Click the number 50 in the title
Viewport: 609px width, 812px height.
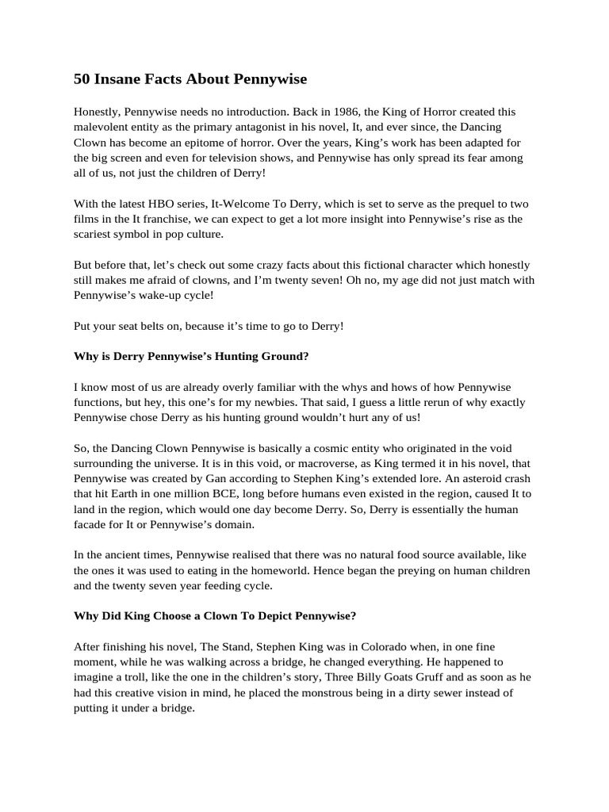[x=82, y=79]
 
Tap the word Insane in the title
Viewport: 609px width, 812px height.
[x=117, y=79]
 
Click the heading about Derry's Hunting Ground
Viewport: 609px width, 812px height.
[x=191, y=356]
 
